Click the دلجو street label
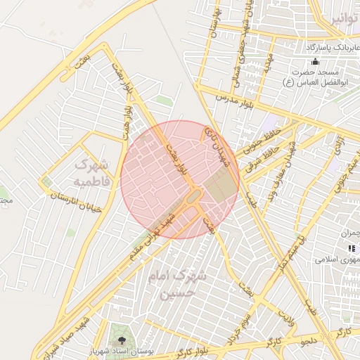click(310, 342)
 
